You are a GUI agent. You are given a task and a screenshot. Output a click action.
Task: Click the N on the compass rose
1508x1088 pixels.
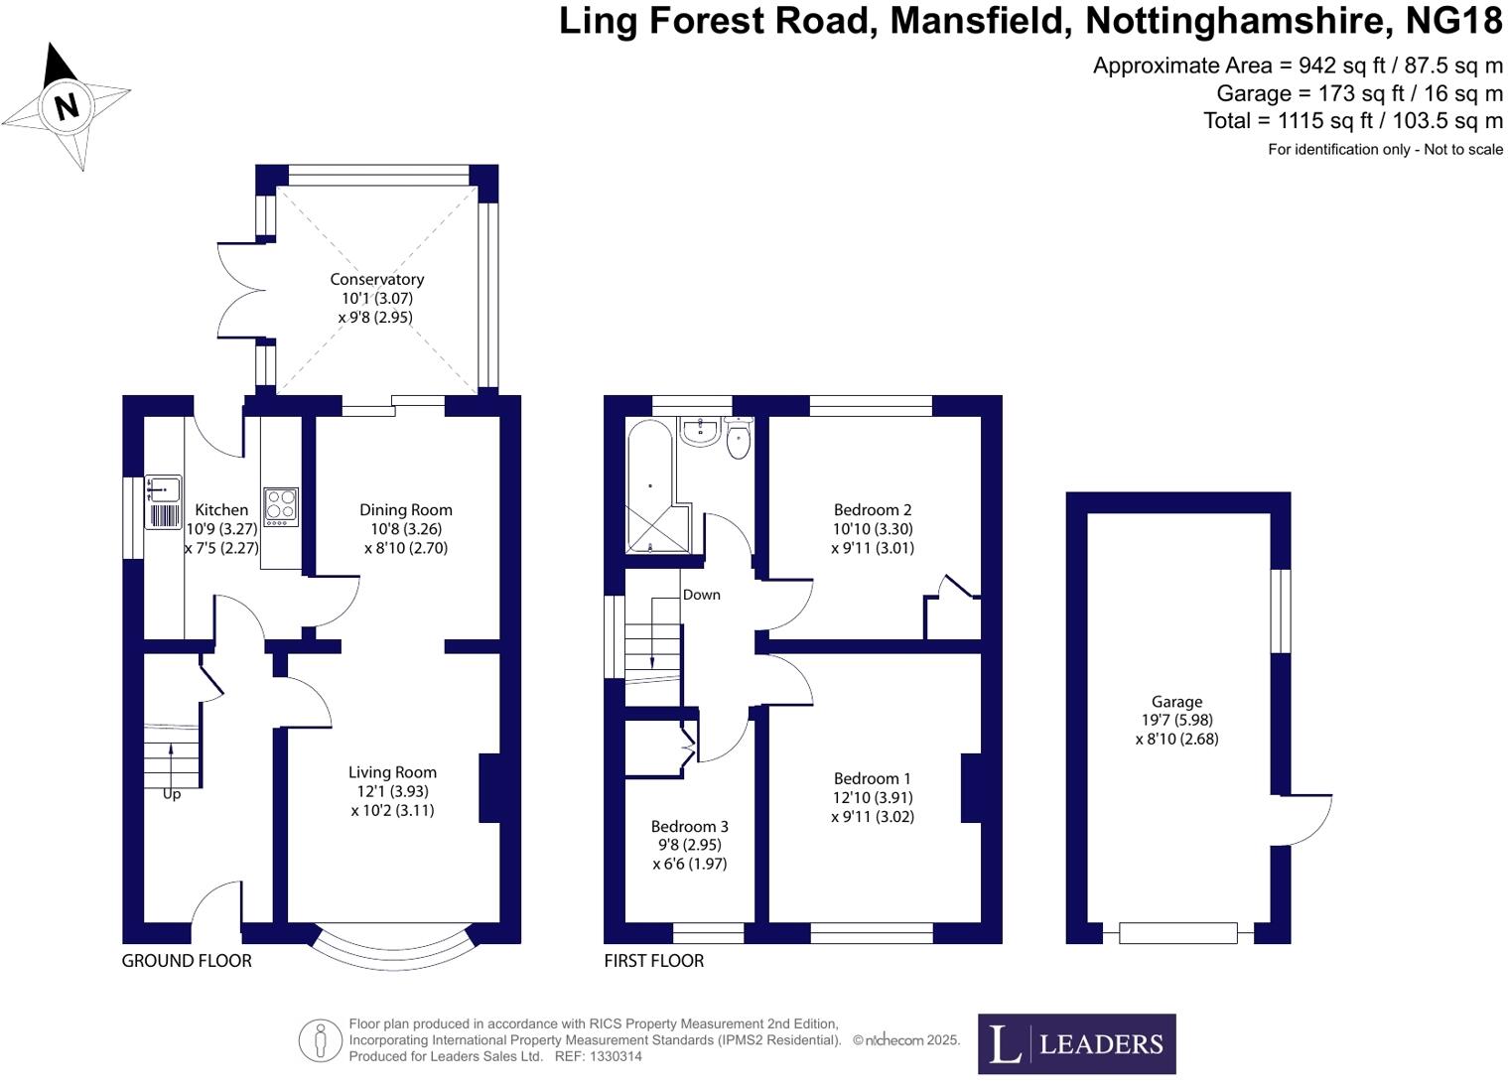(67, 105)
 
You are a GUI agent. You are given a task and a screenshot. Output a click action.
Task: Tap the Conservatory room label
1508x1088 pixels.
(376, 280)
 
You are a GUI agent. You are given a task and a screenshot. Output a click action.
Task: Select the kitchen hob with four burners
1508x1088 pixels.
(281, 507)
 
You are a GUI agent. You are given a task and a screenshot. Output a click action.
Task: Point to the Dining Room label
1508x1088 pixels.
(405, 510)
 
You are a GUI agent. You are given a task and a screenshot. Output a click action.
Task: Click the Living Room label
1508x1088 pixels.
(392, 772)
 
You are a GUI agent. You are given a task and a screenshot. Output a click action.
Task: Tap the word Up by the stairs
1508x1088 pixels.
(172, 794)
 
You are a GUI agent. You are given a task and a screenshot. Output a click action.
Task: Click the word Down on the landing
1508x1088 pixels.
(701, 595)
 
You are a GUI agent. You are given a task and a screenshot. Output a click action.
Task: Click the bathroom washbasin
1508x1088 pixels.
(701, 429)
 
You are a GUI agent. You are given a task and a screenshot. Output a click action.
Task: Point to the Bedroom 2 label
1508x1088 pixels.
(872, 510)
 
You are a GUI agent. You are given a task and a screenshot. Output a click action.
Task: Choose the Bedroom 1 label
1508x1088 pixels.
(872, 779)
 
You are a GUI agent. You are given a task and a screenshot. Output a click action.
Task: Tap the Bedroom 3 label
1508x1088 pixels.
(689, 826)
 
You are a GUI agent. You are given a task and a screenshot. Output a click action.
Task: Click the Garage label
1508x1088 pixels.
(1176, 702)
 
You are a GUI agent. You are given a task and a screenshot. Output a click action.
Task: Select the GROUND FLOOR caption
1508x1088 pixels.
(187, 961)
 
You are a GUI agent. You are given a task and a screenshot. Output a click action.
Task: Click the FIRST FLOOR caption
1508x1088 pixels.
(653, 961)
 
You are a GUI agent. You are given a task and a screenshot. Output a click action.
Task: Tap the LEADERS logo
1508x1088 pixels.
(1076, 1043)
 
